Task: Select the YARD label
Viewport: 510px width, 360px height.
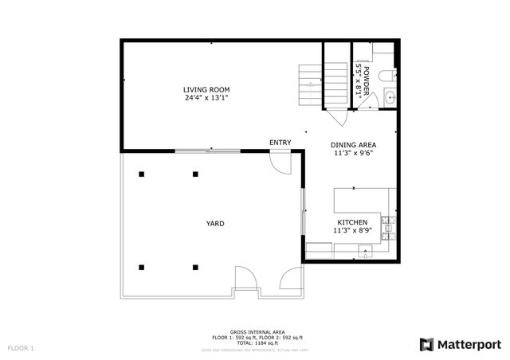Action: (215, 224)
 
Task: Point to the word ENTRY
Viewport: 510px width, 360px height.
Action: (280, 143)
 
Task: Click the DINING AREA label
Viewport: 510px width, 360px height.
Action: (353, 145)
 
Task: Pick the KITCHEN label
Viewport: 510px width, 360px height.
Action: (351, 222)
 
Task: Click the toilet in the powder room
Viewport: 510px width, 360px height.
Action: (386, 76)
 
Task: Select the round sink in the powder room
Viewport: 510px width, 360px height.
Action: (388, 98)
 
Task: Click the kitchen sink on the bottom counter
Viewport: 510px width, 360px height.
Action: (365, 252)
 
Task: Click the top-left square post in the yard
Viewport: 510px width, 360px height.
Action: (141, 174)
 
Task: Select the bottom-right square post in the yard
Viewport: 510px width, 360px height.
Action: (194, 267)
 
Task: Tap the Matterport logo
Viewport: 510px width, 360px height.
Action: (460, 344)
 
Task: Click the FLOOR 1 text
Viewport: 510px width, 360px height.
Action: (22, 348)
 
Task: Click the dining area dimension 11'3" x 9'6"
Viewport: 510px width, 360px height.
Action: (353, 154)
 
